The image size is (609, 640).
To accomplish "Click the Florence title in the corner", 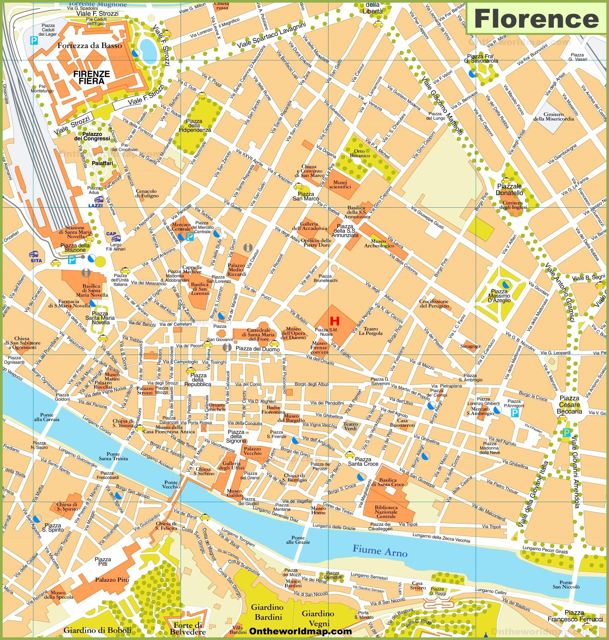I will [536, 19].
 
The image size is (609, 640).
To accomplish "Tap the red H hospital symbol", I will [335, 321].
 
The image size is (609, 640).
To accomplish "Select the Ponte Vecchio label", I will [171, 484].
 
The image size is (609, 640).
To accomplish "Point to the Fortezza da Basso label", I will [90, 45].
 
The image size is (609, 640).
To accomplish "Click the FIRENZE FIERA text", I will [92, 77].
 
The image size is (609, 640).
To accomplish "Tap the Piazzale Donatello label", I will [509, 189].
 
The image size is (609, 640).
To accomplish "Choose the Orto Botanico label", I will [360, 153].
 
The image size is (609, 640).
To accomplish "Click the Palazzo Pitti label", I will [112, 579].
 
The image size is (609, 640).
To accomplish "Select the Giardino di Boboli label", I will [97, 631].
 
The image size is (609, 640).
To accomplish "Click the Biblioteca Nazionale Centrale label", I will [386, 512].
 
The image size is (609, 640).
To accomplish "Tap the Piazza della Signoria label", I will [236, 436].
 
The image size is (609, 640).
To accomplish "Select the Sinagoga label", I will [470, 346].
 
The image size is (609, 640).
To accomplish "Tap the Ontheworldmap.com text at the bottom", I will [301, 631].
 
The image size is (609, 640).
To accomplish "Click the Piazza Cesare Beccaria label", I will [569, 404].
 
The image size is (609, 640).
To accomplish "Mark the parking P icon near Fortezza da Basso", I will [34, 41].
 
